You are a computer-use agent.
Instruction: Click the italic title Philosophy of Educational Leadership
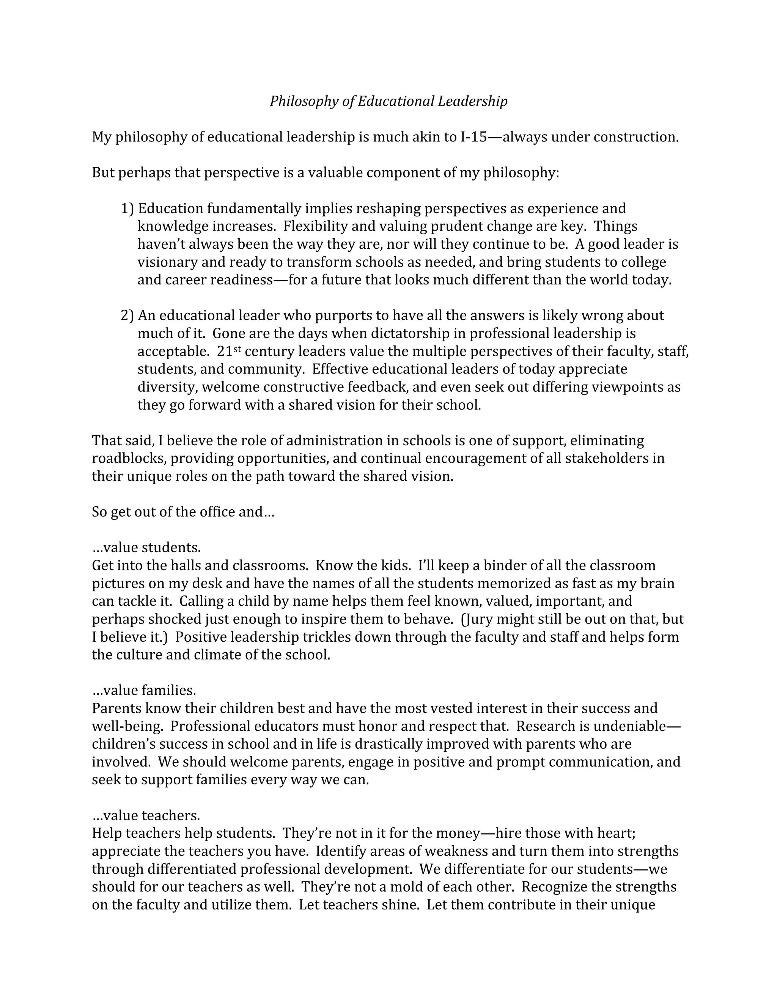coord(388,101)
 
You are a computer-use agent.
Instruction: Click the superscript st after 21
coord(237,349)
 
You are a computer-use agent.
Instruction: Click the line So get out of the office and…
coord(183,512)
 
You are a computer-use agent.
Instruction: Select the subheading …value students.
coord(146,548)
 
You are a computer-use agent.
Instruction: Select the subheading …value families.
coord(144,690)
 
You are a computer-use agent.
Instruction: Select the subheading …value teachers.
coord(146,815)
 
